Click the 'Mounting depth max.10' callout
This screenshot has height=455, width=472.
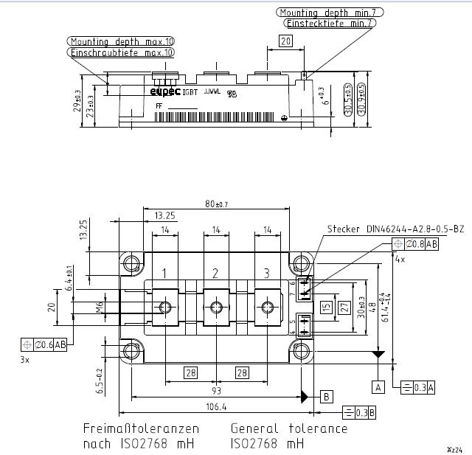pos(122,41)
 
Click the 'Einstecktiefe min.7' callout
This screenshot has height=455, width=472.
pos(329,23)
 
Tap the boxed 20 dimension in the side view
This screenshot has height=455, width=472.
pos(286,42)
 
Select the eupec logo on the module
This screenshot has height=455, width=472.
pos(164,91)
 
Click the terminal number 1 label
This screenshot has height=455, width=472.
pos(164,274)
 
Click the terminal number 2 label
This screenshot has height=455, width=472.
pos(215,274)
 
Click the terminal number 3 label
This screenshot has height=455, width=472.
pos(266,274)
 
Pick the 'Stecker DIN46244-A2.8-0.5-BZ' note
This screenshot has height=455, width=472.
pos(395,229)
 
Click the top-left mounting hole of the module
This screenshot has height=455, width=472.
pos(133,263)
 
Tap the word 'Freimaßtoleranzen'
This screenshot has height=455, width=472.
pos(141,428)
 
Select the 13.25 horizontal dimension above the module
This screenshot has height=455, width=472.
pos(164,216)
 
